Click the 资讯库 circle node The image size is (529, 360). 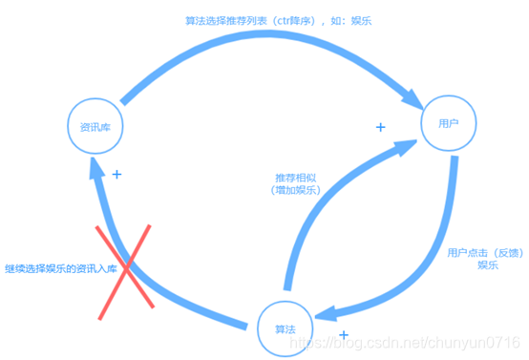click(x=96, y=124)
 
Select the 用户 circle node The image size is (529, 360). click(x=448, y=123)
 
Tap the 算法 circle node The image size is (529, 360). click(x=284, y=328)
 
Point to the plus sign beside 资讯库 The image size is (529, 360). click(x=117, y=175)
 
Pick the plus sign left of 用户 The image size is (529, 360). click(x=380, y=127)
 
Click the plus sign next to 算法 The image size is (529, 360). click(x=344, y=335)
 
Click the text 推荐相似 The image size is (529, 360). click(x=296, y=178)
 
